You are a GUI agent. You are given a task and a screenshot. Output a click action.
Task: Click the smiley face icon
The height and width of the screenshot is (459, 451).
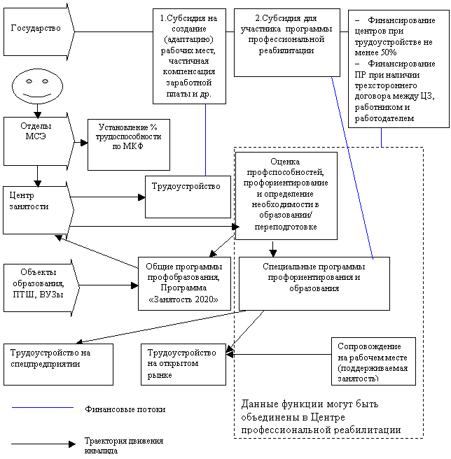tap(38, 86)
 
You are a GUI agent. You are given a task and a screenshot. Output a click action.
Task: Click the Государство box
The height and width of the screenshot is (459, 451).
tap(39, 31)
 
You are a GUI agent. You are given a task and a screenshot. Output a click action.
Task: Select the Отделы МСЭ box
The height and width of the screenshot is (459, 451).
tap(39, 141)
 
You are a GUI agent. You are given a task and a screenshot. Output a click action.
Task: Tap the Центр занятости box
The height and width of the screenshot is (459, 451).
tap(38, 210)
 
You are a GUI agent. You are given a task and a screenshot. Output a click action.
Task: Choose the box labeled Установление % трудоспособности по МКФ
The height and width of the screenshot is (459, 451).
tap(129, 145)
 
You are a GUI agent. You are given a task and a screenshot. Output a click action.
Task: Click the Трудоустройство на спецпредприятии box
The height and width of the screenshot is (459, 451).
tap(58, 365)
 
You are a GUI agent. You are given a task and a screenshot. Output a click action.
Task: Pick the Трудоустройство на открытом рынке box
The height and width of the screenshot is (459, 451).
tap(183, 365)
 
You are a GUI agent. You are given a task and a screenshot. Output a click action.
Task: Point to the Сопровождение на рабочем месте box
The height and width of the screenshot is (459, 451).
tap(373, 361)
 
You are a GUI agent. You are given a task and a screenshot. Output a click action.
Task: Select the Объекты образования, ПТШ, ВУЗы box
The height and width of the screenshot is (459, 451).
tap(41, 288)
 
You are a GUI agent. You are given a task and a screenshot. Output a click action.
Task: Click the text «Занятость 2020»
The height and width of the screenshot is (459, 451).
tap(183, 299)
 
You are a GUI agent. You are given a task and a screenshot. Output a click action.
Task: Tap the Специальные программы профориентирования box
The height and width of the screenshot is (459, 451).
tap(314, 283)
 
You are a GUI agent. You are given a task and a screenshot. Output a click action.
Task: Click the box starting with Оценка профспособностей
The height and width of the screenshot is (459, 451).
tap(286, 195)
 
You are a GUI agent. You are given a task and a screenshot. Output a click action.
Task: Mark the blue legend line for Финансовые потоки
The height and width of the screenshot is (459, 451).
tap(43, 407)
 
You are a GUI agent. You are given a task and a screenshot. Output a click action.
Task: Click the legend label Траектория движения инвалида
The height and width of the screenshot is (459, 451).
tap(124, 445)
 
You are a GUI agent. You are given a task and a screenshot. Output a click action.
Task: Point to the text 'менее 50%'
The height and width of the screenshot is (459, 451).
tap(375, 52)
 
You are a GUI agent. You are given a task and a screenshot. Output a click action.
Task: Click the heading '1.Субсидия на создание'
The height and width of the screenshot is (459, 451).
tap(188, 23)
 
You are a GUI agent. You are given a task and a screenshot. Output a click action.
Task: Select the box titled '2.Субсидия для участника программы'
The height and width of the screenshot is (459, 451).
tap(287, 43)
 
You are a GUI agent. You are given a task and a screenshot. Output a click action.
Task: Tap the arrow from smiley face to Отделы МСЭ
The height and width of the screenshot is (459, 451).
tap(38, 111)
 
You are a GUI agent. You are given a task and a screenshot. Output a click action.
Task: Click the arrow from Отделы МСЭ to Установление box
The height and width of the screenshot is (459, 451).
tap(81, 143)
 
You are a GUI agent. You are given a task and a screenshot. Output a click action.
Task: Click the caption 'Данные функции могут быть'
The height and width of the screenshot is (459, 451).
tap(310, 404)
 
